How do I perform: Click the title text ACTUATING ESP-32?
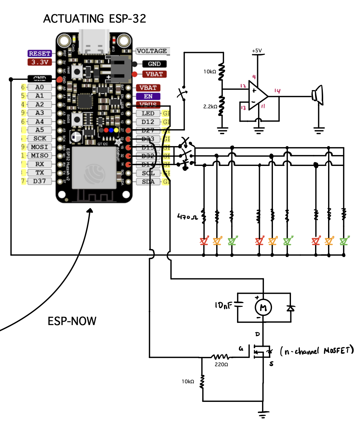[x=94, y=19]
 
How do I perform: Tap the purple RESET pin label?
[x=39, y=54]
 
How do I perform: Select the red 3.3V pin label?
[x=40, y=62]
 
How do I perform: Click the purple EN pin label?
[x=148, y=96]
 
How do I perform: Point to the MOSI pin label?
[x=39, y=147]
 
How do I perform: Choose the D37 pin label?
[x=39, y=181]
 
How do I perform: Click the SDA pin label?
[x=148, y=182]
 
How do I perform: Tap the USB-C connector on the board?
[x=94, y=42]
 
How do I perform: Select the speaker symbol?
[x=318, y=95]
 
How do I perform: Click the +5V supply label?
[x=257, y=51]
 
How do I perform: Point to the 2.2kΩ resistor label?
[x=210, y=106]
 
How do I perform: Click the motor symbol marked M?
[x=263, y=307]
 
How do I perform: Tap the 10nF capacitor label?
[x=223, y=306]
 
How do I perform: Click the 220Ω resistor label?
[x=221, y=365]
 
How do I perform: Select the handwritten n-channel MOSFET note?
[x=317, y=351]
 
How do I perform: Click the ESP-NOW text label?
[x=72, y=321]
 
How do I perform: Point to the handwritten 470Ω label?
[x=187, y=217]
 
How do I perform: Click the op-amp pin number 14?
[x=277, y=91]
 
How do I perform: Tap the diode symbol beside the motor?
[x=290, y=308]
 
